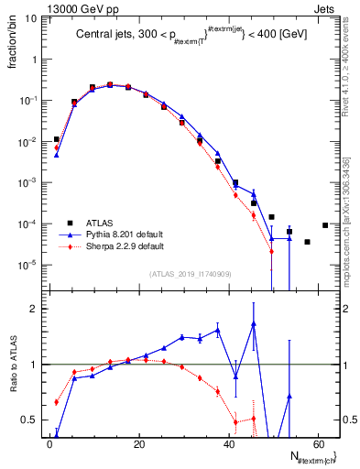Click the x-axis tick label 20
point(138,444)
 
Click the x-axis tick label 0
point(49,444)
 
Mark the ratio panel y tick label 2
point(34,309)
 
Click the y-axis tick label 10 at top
point(31,18)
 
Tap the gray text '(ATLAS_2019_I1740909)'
point(191,273)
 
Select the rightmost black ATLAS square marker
point(325,225)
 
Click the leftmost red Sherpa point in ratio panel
point(56,402)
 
